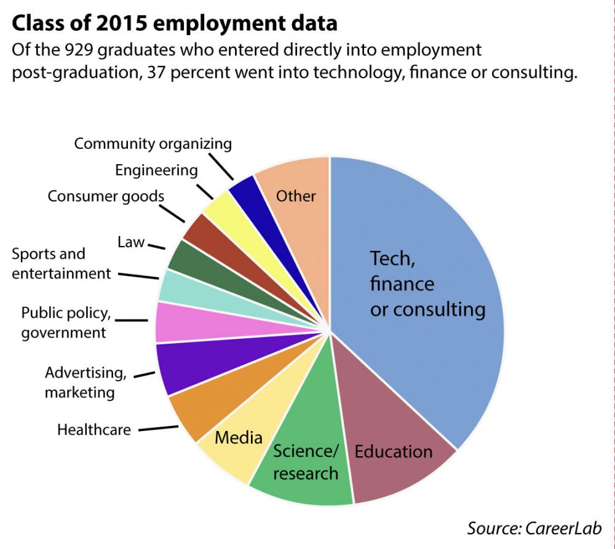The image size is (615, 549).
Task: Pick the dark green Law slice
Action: pyautogui.click(x=184, y=255)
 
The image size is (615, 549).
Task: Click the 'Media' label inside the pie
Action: pyautogui.click(x=239, y=437)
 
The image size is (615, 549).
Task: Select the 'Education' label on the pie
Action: pyautogui.click(x=394, y=452)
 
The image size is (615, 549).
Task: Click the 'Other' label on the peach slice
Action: pyautogui.click(x=296, y=196)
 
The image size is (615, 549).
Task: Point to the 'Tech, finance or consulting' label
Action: pyautogui.click(x=427, y=283)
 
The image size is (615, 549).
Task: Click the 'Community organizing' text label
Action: pyautogui.click(x=153, y=144)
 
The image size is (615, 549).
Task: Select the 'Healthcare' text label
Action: pyautogui.click(x=94, y=429)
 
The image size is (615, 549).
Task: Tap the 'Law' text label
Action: pyautogui.click(x=130, y=242)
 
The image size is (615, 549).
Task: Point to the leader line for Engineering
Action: pyautogui.click(x=205, y=191)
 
